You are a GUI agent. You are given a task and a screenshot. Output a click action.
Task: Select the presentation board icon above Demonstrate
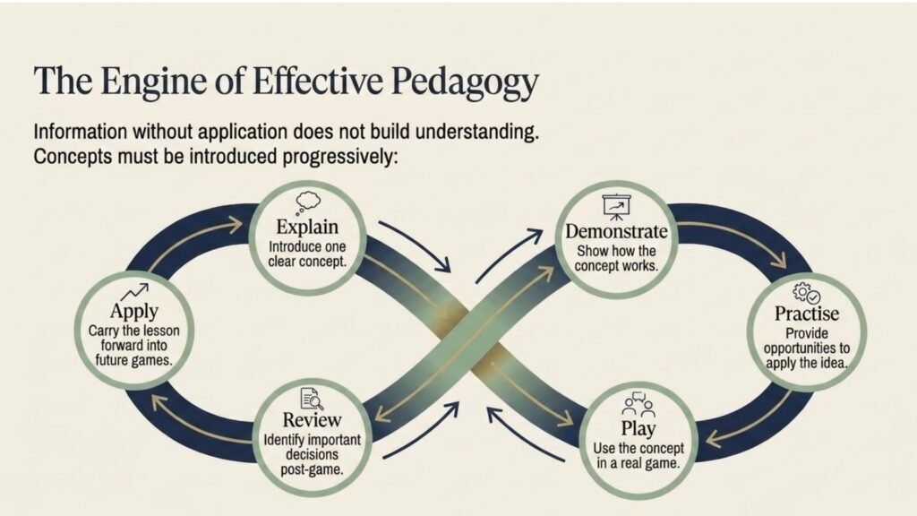click(x=616, y=207)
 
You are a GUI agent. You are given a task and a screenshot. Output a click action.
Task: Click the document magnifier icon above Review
click(x=312, y=399)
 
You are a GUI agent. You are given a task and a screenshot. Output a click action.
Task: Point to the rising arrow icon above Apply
click(x=134, y=292)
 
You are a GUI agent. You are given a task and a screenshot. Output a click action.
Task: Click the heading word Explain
click(x=307, y=227)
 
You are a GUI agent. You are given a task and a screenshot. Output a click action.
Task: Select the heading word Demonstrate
click(x=616, y=231)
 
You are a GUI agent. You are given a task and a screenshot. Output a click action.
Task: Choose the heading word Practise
click(x=807, y=314)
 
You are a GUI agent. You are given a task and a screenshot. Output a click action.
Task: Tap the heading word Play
click(x=638, y=429)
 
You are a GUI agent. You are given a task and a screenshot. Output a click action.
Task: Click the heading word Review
click(x=312, y=420)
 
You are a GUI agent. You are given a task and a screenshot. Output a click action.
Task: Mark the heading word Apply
click(x=134, y=311)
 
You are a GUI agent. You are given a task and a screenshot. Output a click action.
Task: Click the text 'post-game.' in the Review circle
click(x=312, y=469)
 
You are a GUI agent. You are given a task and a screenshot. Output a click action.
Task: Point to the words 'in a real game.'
click(x=638, y=463)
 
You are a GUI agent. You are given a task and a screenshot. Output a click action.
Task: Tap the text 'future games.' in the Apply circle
click(x=134, y=360)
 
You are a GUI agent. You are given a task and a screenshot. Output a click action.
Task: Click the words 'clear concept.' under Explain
click(x=308, y=262)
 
